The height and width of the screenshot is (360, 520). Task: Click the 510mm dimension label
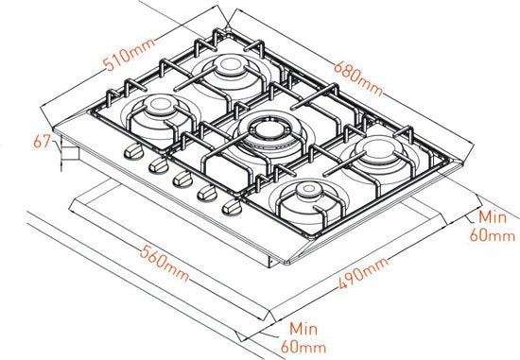[x=129, y=55]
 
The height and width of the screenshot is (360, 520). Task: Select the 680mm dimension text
[x=358, y=77]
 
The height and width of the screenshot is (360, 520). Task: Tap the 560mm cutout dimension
[x=165, y=264]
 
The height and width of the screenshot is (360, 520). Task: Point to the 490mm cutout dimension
[x=363, y=273]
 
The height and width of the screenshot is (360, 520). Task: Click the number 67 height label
[x=43, y=142]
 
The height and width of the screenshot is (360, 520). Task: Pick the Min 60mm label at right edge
[x=493, y=227]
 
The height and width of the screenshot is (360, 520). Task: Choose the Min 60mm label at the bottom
[x=303, y=338]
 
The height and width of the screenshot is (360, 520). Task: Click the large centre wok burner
[x=269, y=132]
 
